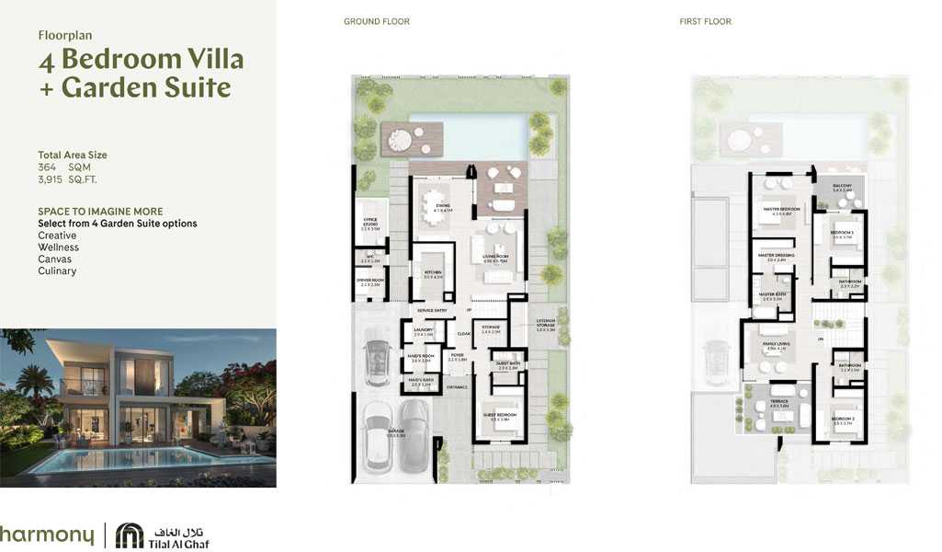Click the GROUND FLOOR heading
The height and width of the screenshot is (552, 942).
pyautogui.click(x=377, y=21)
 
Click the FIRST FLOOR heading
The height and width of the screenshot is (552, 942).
pyautogui.click(x=705, y=21)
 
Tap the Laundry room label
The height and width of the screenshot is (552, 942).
pyautogui.click(x=423, y=329)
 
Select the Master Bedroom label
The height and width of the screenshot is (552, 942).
pyautogui.click(x=781, y=210)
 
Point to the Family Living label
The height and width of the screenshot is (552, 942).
pyautogui.click(x=777, y=345)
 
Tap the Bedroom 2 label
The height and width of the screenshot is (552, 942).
pyautogui.click(x=842, y=419)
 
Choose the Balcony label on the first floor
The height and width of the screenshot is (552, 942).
pyautogui.click(x=842, y=187)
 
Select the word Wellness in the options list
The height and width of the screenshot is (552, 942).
pyautogui.click(x=58, y=247)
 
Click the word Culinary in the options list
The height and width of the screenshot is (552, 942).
pyautogui.click(x=57, y=271)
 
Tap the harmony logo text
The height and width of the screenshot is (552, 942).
pyautogui.click(x=46, y=535)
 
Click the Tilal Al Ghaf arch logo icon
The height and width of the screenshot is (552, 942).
pyautogui.click(x=130, y=535)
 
